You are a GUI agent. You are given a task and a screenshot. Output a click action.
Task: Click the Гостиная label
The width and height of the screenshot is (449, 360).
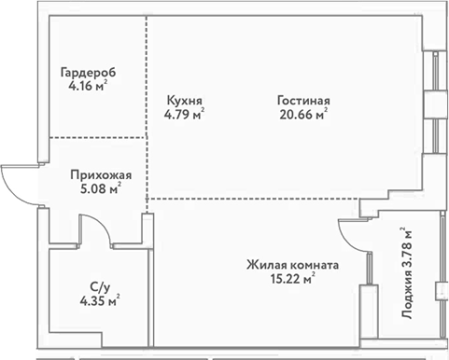304,102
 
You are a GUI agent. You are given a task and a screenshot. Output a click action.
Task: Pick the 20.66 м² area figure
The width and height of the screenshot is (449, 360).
302,117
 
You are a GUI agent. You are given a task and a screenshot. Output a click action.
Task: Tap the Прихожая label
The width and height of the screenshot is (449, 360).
100,174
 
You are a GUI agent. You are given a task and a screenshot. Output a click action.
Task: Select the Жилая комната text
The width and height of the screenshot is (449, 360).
292,265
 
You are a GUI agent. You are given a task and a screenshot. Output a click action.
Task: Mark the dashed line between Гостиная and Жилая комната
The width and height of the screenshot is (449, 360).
261,198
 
